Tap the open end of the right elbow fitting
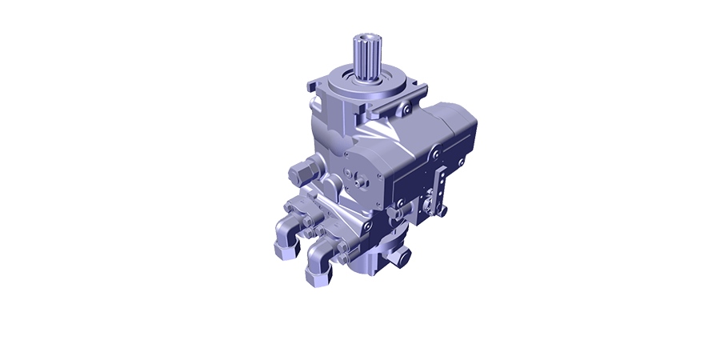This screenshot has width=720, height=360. (x=316, y=276)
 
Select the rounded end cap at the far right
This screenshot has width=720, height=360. (x=469, y=136)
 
